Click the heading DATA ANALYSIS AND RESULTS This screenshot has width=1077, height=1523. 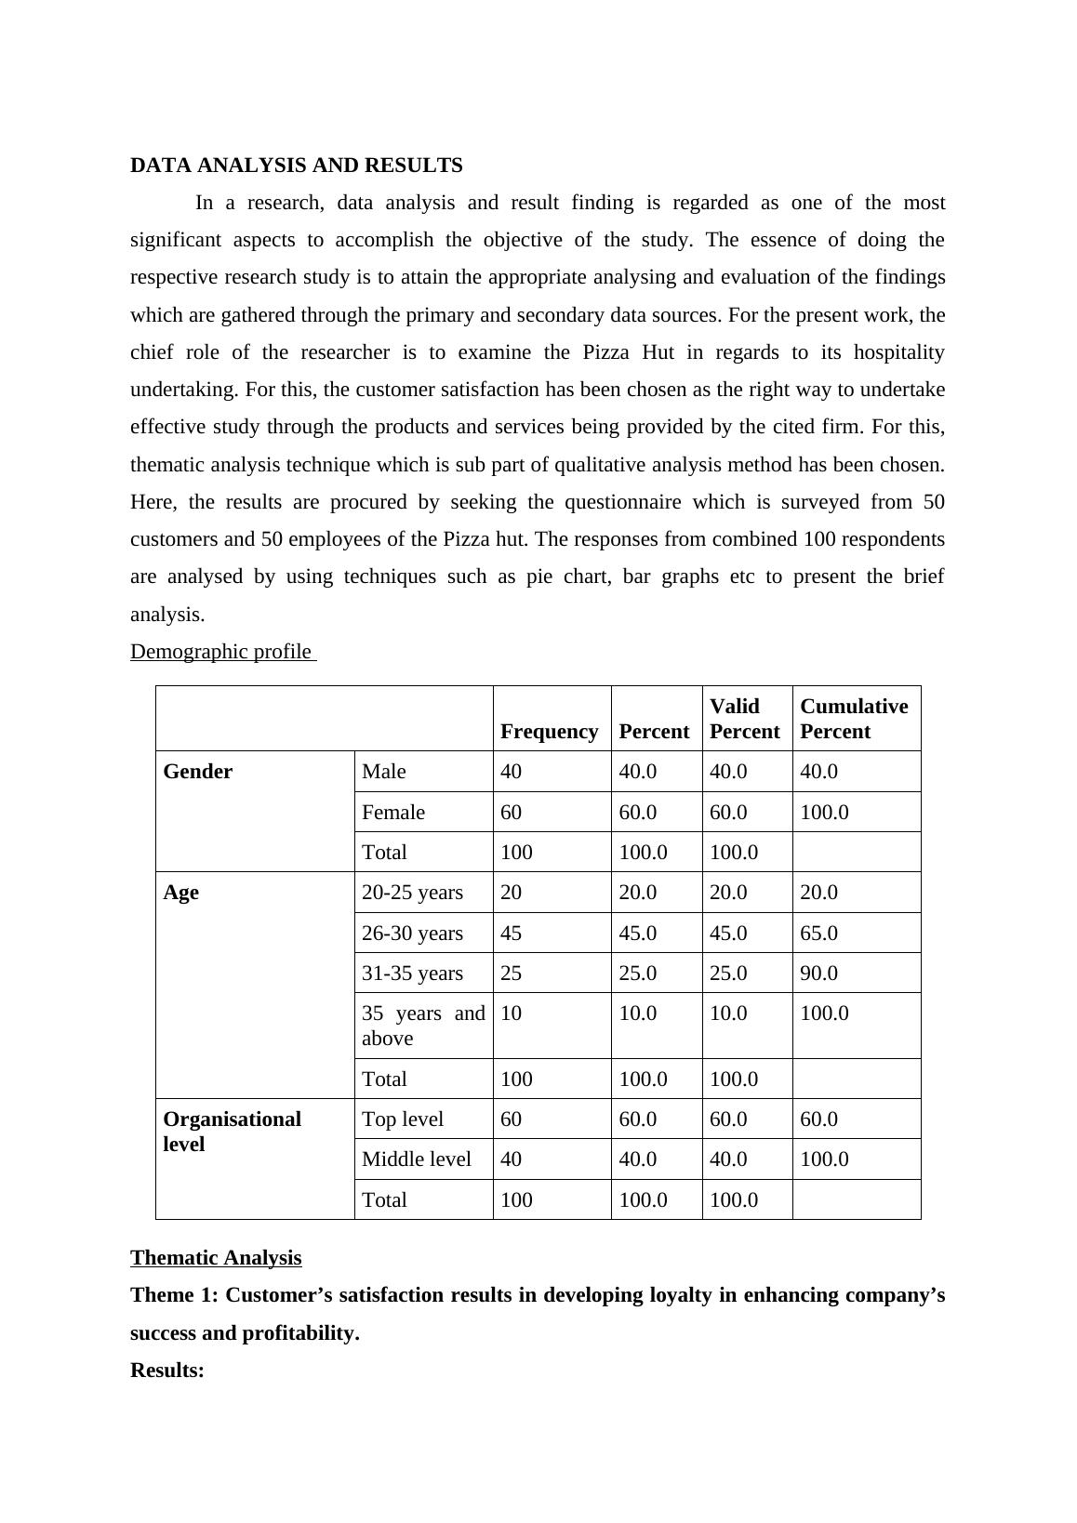click(296, 166)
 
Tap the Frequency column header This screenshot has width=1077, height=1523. click(549, 732)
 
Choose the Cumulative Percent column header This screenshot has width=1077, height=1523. click(854, 719)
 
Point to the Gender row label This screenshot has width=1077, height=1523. click(197, 772)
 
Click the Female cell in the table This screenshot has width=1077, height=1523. click(392, 813)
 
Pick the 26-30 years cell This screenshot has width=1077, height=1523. click(412, 934)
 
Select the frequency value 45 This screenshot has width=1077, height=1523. click(511, 934)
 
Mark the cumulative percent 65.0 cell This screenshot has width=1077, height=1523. click(818, 934)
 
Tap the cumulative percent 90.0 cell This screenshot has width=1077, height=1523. click(818, 973)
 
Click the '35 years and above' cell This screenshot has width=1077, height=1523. click(422, 1026)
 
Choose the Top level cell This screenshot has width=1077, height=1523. click(402, 1119)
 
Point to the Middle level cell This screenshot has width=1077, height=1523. click(416, 1159)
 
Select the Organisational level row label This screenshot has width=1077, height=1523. click(232, 1132)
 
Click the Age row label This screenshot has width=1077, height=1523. click(180, 893)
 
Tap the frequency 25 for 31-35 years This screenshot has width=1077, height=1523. click(511, 973)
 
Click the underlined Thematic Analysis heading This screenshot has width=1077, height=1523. click(216, 1258)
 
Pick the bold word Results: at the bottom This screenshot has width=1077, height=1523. click(167, 1371)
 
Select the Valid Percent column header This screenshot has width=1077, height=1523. click(744, 719)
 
